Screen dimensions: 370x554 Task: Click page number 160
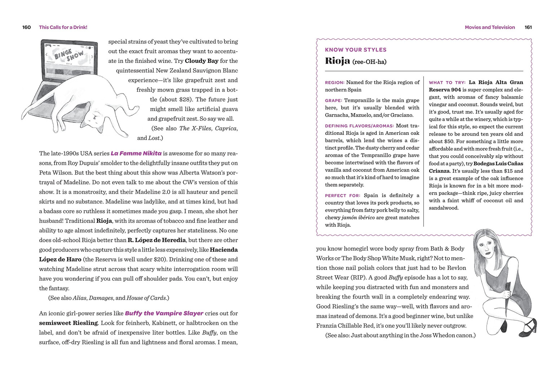point(26,27)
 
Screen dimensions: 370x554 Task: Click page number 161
point(528,27)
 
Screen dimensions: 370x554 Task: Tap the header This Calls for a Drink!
point(63,27)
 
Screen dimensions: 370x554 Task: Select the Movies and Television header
point(489,27)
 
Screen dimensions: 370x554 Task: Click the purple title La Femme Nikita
point(136,153)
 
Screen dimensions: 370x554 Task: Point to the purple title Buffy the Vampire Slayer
point(164,313)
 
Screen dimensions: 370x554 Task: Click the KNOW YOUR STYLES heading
point(356,50)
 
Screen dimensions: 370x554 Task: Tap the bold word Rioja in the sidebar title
point(337,61)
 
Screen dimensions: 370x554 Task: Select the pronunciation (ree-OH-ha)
point(369,62)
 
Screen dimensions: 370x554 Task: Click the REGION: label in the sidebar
point(334,83)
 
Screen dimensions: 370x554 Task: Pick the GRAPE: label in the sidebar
point(333,101)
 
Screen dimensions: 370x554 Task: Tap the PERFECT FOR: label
point(342,196)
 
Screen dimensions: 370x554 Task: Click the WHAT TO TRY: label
point(447,83)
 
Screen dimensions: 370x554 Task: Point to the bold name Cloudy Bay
point(201,61)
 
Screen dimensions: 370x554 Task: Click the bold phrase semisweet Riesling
point(68,323)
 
